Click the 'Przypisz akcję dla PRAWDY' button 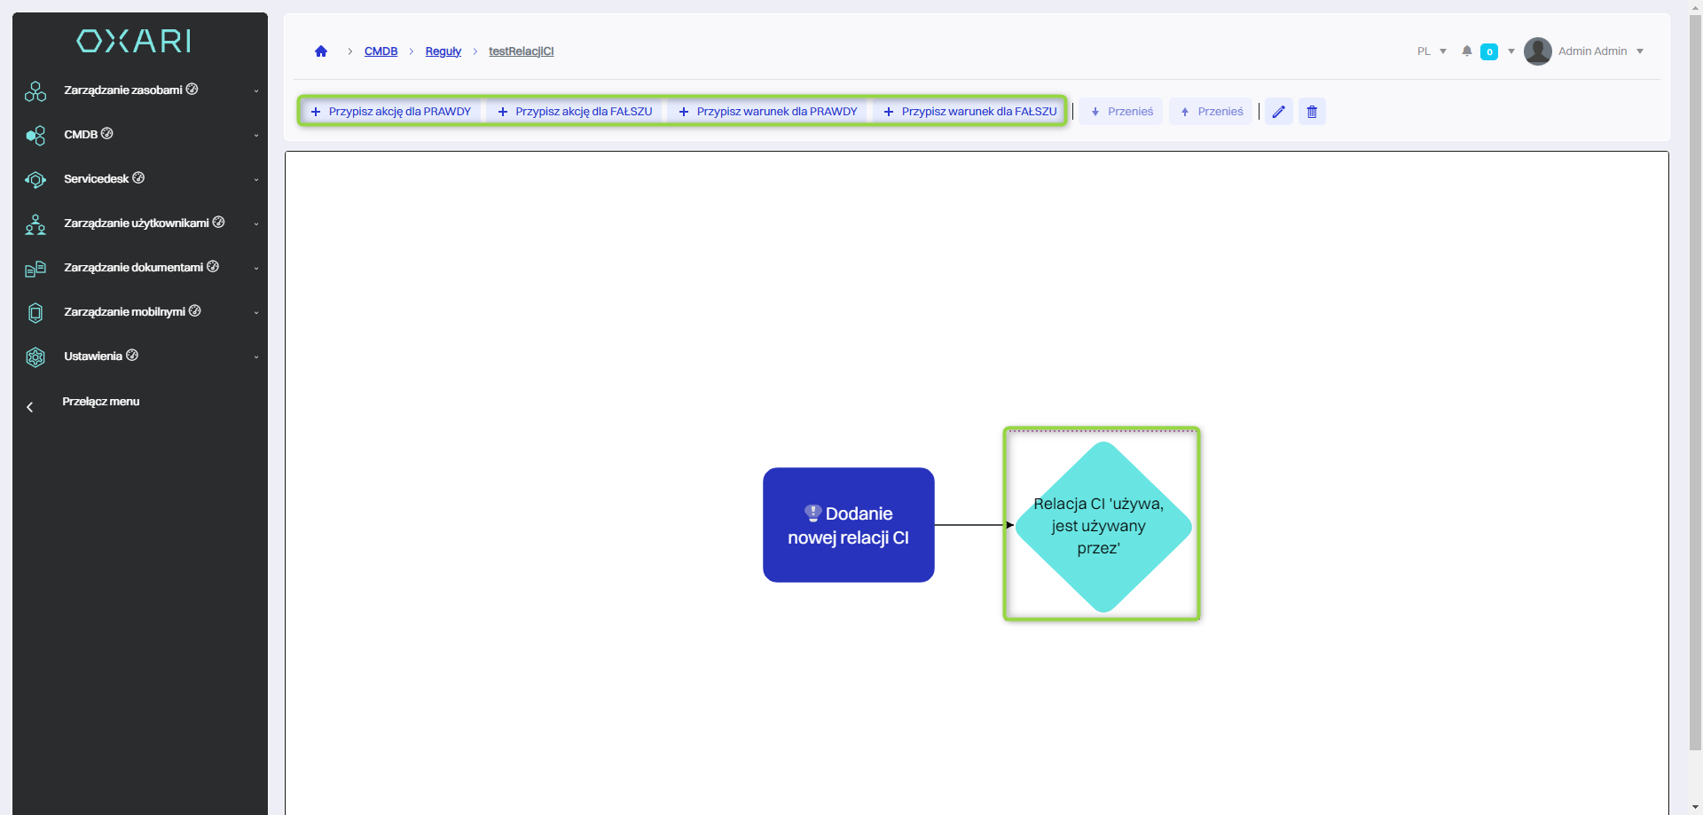[x=391, y=112]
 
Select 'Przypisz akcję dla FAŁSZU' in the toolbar [x=576, y=112]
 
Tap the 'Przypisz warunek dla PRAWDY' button [x=768, y=112]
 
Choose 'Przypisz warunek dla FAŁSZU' [x=970, y=112]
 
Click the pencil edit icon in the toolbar [x=1278, y=112]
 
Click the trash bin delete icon [x=1312, y=112]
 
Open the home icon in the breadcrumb [x=321, y=51]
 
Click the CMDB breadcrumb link [x=381, y=51]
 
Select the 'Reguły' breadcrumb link [x=443, y=51]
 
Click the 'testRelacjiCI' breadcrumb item [x=521, y=51]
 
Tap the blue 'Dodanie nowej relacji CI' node [x=848, y=525]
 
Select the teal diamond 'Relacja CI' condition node [x=1102, y=526]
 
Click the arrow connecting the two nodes [x=971, y=525]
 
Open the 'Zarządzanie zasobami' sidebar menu [x=123, y=90]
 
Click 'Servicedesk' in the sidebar [x=97, y=179]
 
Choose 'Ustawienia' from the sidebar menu [x=93, y=357]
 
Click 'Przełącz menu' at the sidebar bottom [x=100, y=402]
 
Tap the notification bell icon [x=1467, y=51]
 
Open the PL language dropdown [x=1431, y=51]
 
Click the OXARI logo [x=134, y=41]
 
